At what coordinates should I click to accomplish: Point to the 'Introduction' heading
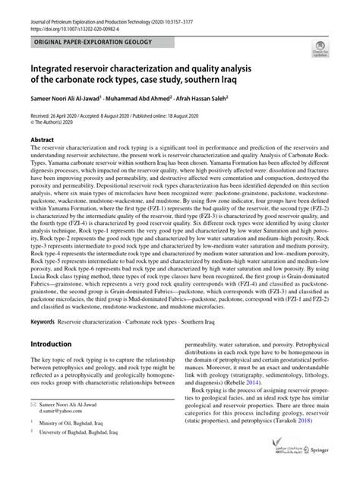(x=49, y=344)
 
